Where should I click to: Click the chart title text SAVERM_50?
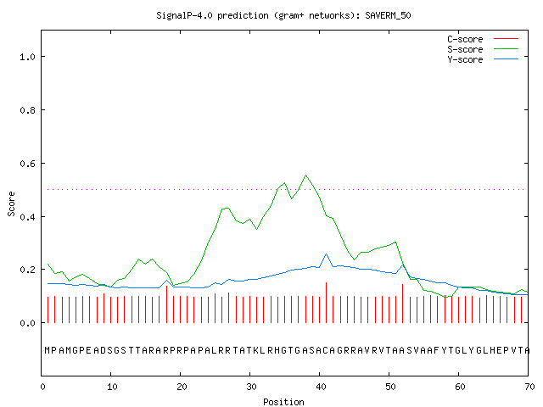pos(388,15)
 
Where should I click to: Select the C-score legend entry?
pos(483,39)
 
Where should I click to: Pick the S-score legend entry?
pos(483,49)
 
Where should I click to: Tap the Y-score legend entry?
pos(483,59)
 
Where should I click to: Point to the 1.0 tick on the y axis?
pos(27,57)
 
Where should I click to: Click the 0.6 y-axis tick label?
pos(27,164)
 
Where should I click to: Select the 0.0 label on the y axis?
pos(27,323)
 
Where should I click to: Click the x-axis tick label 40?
pos(321,387)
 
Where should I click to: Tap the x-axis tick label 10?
pos(112,387)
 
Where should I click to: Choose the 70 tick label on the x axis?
pos(529,387)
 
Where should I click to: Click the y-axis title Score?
pos(11,203)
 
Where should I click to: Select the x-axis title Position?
pos(283,402)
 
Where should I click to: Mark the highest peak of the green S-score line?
pos(305,176)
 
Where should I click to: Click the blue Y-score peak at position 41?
pos(326,254)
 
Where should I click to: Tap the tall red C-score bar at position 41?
pos(326,303)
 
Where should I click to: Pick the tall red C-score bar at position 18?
pos(166,304)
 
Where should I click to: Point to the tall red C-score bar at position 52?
pos(402,304)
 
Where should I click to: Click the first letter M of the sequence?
pos(48,350)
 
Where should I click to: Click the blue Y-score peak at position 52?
pos(403,265)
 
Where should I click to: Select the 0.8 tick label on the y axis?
pos(27,110)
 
